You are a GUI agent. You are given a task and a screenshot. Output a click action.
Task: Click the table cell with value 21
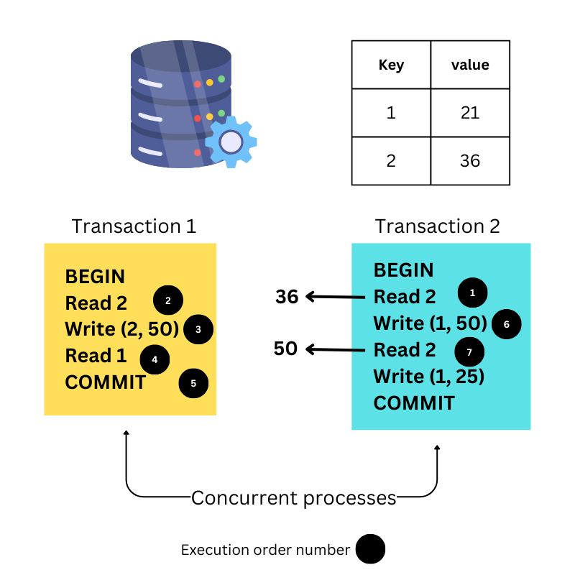470,113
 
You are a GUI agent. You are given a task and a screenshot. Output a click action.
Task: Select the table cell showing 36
470,160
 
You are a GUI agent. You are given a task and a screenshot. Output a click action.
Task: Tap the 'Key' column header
391,65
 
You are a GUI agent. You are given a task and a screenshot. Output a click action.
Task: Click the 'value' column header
470,65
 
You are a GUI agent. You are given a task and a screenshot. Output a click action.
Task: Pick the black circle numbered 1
472,293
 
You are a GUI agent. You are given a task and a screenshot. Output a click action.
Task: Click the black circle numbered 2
168,300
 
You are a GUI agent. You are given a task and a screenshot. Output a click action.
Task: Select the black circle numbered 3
198,329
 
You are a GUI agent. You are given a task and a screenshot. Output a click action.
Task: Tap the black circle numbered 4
155,359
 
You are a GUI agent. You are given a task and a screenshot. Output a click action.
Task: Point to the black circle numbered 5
193,383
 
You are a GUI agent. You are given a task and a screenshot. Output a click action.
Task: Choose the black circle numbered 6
506,324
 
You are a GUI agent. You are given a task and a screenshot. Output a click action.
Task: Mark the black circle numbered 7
469,352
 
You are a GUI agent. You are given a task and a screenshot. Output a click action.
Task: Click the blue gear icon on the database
231,142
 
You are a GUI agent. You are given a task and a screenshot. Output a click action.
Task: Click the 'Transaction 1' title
134,226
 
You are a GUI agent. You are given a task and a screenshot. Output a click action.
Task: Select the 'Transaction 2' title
437,226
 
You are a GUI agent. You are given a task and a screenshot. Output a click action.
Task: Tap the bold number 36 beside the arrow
287,296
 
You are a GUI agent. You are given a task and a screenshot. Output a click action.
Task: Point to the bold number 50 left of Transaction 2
285,349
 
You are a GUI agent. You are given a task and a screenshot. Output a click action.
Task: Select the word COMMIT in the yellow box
106,382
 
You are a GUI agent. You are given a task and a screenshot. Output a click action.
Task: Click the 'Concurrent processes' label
294,497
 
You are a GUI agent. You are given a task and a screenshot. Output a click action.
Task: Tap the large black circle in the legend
371,550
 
